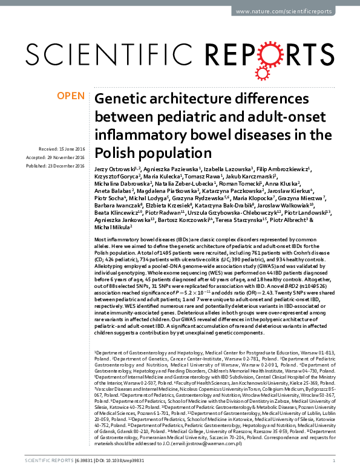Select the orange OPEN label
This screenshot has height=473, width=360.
70,96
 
